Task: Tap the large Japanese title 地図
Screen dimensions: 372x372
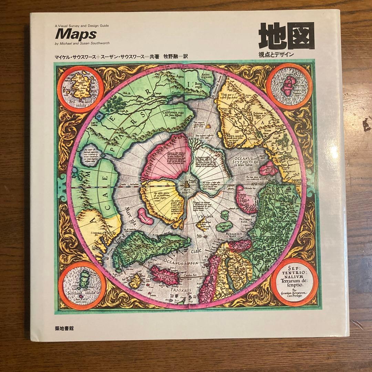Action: point(287,36)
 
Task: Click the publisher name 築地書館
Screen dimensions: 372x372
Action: point(64,328)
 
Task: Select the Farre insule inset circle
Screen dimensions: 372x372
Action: point(290,86)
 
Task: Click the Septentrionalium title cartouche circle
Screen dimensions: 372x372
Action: point(294,282)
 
